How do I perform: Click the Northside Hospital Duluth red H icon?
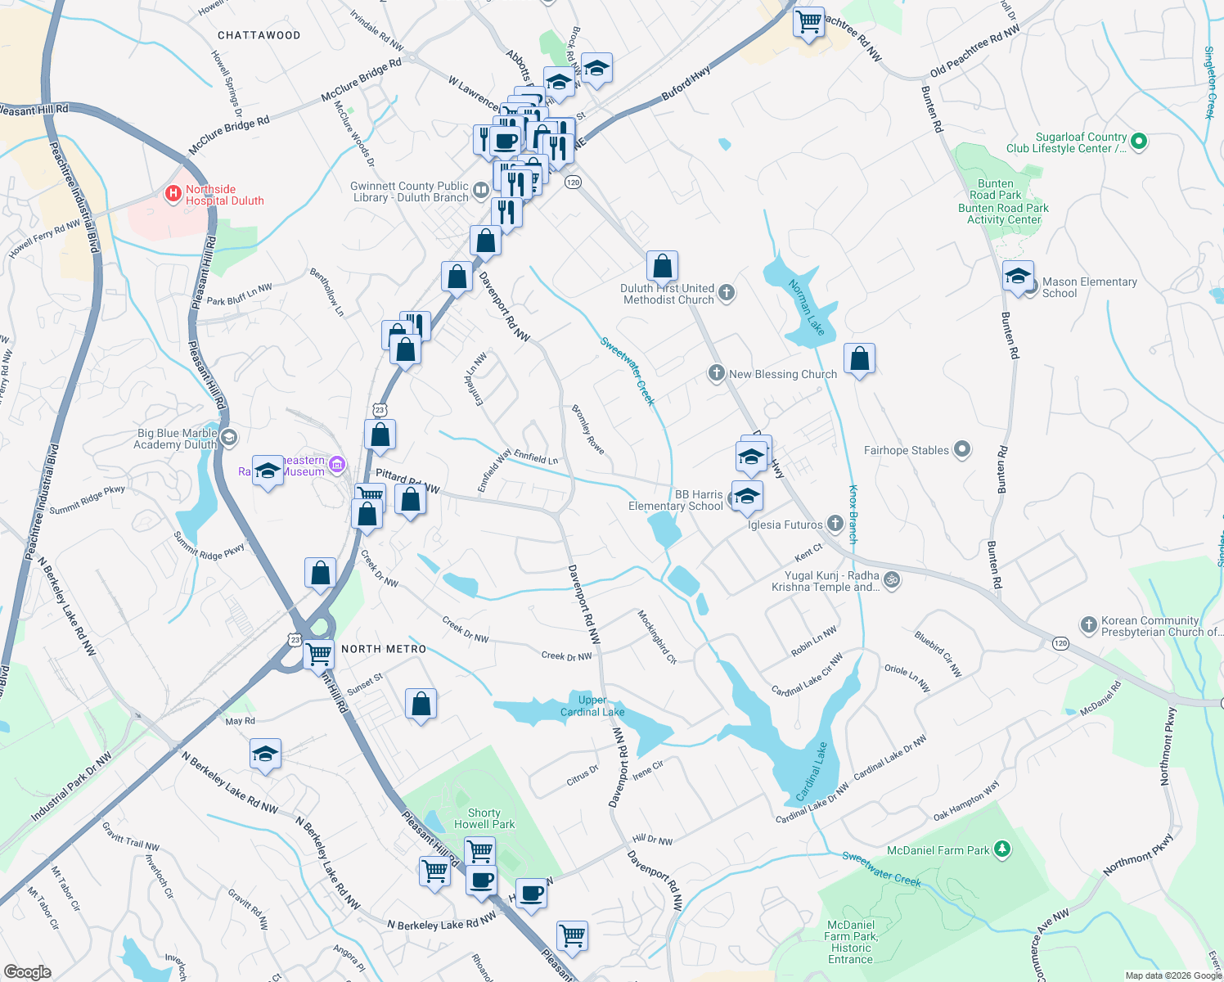point(173,194)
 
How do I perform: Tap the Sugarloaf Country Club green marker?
point(1138,142)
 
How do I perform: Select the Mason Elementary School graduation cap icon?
point(1018,277)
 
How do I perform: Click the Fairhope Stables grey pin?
point(962,449)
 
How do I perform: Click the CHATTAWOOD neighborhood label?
point(259,35)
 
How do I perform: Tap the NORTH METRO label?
point(384,649)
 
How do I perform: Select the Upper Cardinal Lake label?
point(592,705)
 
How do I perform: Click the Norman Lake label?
point(806,307)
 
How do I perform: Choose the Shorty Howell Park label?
point(484,818)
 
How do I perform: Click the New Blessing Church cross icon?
point(716,374)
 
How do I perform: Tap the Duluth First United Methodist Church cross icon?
point(726,292)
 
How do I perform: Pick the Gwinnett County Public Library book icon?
point(480,191)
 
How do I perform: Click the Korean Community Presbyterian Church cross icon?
point(1088,625)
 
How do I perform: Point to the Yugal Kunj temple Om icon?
point(892,579)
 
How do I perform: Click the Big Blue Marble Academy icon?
point(229,437)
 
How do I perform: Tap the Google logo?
point(27,971)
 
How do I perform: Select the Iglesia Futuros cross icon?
point(835,523)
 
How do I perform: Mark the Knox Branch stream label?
point(853,515)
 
